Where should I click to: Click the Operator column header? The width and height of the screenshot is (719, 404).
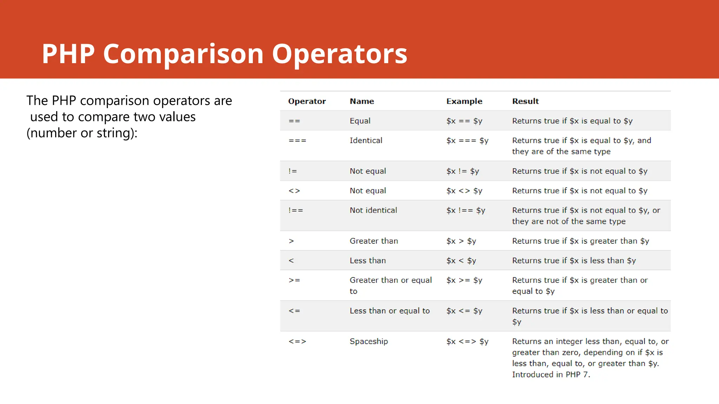[307, 101]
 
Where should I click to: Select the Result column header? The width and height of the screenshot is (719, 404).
[525, 101]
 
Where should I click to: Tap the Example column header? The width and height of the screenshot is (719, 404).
[464, 101]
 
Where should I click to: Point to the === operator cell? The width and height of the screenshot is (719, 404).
[297, 141]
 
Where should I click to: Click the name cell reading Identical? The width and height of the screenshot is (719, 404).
[366, 141]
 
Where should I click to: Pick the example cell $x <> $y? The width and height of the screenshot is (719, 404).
[464, 191]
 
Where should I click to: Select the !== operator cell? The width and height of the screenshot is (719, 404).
[296, 210]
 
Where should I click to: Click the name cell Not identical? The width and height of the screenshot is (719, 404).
[373, 210]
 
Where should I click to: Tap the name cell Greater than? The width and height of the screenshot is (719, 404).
[374, 241]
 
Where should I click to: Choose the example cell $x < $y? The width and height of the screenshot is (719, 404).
[461, 261]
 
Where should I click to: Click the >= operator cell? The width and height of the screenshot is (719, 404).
[294, 280]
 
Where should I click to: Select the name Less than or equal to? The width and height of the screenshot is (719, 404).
[389, 311]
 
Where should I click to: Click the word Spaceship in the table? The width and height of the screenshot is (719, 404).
[369, 342]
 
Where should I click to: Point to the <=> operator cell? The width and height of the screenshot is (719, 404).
[297, 342]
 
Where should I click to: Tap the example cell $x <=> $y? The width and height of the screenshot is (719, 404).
[467, 342]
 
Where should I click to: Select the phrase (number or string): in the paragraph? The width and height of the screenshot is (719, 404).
[82, 133]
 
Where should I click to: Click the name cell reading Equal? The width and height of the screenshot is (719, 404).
[360, 121]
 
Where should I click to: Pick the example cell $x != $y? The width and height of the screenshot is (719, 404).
[462, 171]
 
